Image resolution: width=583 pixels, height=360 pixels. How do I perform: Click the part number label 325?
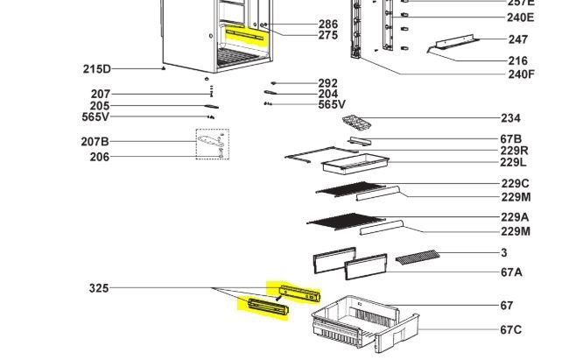pyautogui.click(x=99, y=288)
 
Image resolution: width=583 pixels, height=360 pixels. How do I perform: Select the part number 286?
pyautogui.click(x=328, y=25)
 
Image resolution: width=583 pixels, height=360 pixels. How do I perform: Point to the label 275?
pyautogui.click(x=328, y=36)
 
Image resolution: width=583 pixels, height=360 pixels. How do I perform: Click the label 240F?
pyautogui.click(x=521, y=74)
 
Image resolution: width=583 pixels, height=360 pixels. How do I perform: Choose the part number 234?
pyautogui.click(x=510, y=118)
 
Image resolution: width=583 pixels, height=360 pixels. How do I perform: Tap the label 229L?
pyautogui.click(x=513, y=162)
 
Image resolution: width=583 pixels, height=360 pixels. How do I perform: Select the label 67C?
pyautogui.click(x=511, y=329)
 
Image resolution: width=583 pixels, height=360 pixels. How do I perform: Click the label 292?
pyautogui.click(x=328, y=83)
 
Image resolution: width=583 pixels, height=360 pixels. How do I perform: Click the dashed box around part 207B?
pyautogui.click(x=212, y=145)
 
